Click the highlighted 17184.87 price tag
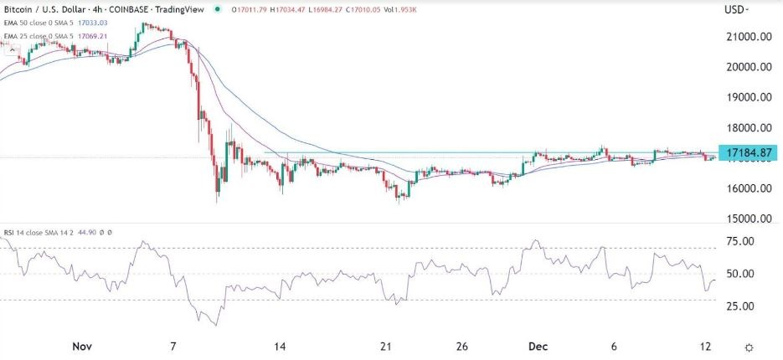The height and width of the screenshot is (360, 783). (x=748, y=153)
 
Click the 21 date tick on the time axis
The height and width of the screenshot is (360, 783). (x=386, y=347)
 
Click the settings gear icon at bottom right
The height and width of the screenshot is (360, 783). (x=750, y=347)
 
